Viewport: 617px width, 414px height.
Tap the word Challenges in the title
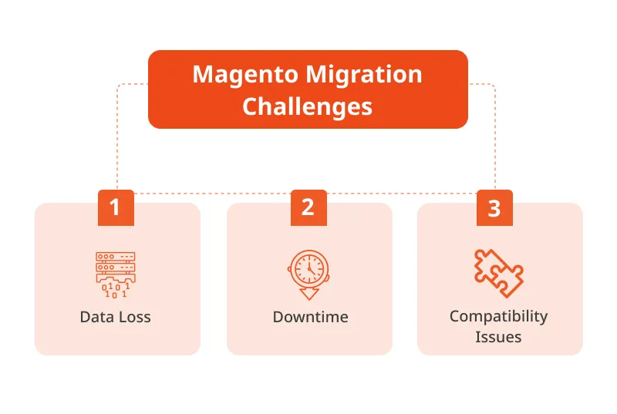click(308, 106)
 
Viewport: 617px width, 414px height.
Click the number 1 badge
click(116, 207)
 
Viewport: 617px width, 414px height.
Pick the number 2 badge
click(308, 207)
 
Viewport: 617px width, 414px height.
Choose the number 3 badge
click(494, 207)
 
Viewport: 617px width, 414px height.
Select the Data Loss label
click(115, 317)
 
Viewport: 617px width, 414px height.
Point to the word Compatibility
click(498, 316)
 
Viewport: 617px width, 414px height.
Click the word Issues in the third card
click(498, 337)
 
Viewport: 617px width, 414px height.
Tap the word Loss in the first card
click(133, 317)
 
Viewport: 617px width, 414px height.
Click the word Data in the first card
click(95, 317)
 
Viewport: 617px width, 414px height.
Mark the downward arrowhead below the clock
click(308, 294)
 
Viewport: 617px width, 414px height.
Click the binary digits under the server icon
click(115, 290)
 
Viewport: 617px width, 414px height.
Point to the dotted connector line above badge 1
click(116, 139)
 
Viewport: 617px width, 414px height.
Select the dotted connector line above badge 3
click(495, 139)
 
